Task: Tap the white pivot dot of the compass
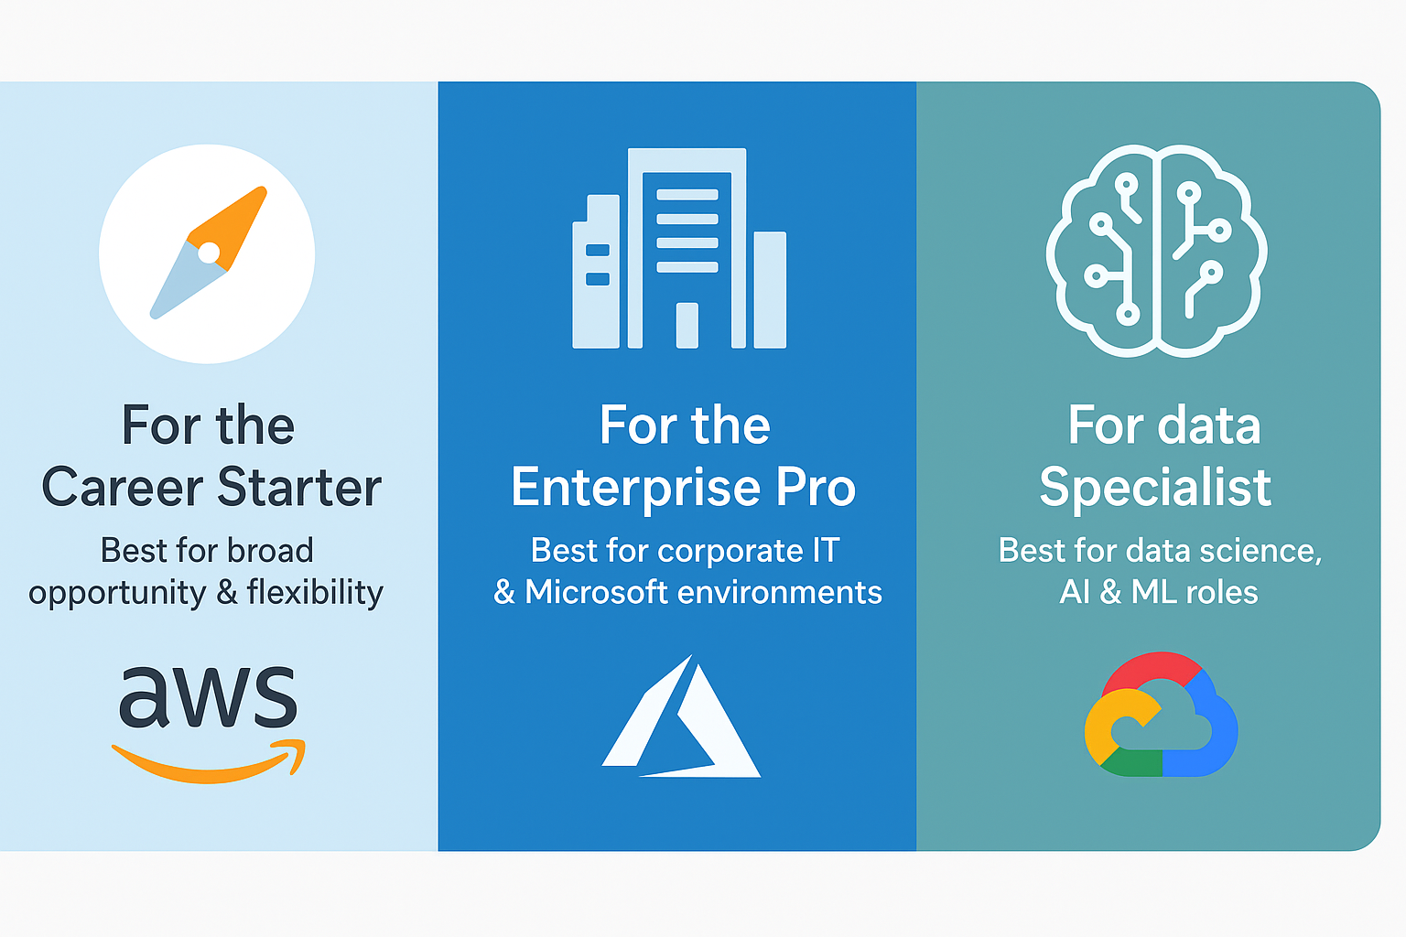[x=209, y=253]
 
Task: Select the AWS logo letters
[x=208, y=697]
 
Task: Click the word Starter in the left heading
[x=299, y=487]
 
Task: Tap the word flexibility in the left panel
[x=315, y=592]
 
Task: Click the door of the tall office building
[x=687, y=325]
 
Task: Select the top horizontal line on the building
[x=687, y=195]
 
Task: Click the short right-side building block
[x=770, y=290]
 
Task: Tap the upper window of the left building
[x=598, y=250]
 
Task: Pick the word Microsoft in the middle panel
[x=596, y=592]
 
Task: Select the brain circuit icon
[x=1156, y=251]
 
